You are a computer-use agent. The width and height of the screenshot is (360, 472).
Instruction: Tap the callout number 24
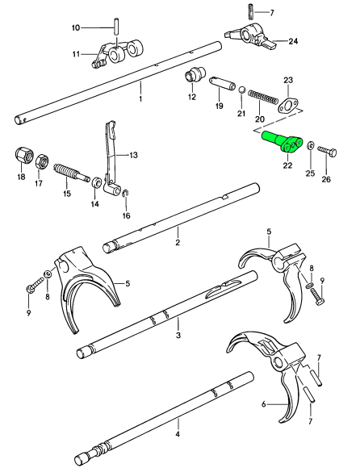(x=293, y=41)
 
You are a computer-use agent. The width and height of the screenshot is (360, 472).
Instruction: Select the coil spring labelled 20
(x=263, y=98)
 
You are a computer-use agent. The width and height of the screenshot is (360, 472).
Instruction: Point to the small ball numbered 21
(x=242, y=90)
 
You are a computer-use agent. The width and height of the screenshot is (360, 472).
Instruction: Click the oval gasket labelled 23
(x=287, y=107)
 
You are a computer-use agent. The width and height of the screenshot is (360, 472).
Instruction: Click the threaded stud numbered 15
(x=71, y=174)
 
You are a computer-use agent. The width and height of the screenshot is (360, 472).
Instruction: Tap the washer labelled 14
(x=96, y=182)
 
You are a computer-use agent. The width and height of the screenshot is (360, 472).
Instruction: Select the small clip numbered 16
(x=127, y=194)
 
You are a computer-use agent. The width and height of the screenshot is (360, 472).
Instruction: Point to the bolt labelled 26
(x=326, y=151)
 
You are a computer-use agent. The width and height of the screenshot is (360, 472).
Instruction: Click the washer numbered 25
(x=310, y=147)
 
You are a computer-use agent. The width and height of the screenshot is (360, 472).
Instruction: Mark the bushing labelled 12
(x=195, y=75)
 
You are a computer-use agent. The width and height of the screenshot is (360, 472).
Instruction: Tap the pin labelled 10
(x=116, y=27)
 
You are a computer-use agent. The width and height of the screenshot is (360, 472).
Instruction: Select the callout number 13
(x=132, y=155)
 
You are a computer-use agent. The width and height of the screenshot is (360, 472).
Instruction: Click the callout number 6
(x=264, y=404)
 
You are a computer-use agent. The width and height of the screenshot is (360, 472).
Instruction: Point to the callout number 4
(x=178, y=434)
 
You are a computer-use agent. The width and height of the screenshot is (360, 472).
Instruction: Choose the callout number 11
(x=76, y=55)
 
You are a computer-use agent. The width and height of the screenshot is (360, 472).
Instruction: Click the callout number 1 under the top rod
(x=140, y=98)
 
